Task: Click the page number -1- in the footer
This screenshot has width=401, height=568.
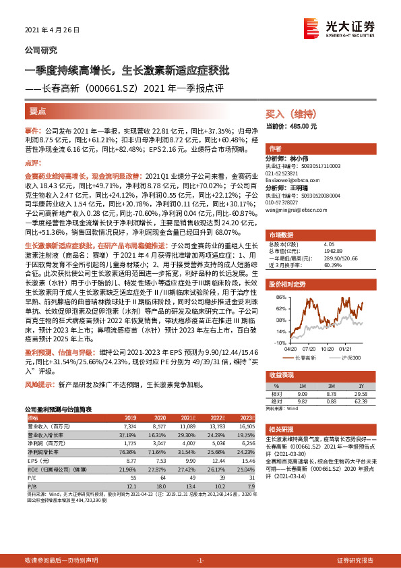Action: click(200, 561)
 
